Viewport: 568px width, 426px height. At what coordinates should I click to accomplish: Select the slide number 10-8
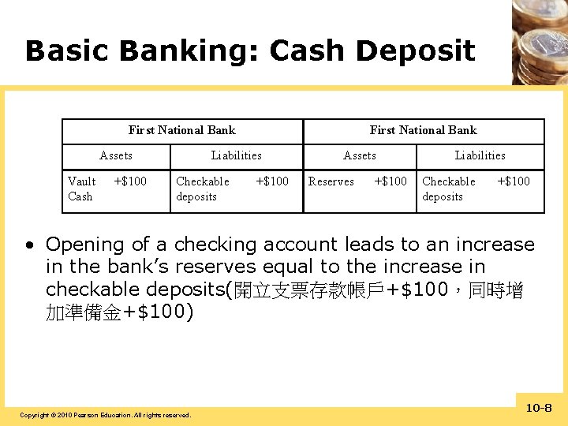(x=539, y=408)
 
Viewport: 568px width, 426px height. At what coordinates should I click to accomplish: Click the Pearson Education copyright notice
(x=105, y=415)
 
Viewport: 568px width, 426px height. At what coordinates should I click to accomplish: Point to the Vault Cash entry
(x=81, y=189)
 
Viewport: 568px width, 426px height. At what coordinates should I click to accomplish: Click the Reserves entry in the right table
(x=331, y=181)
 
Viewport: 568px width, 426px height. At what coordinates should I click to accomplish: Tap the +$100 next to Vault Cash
(x=130, y=181)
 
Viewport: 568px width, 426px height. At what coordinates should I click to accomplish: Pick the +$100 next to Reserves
(x=390, y=181)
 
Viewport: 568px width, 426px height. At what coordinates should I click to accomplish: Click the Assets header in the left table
(x=116, y=155)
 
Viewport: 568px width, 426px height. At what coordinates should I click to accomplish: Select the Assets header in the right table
(x=360, y=155)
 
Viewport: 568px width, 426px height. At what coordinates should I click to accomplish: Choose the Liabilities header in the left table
(x=236, y=155)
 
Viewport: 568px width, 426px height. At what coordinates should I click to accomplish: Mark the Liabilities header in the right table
(x=480, y=155)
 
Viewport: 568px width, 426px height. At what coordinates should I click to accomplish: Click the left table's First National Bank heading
(x=181, y=130)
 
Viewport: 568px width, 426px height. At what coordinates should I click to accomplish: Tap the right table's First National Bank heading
(x=423, y=130)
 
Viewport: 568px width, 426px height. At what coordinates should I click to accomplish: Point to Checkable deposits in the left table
(x=203, y=189)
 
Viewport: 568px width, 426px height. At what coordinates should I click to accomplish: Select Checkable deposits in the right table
(x=449, y=189)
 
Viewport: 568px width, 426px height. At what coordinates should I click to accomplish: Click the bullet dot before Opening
(x=28, y=245)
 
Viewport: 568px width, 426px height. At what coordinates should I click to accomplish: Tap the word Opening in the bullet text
(x=86, y=245)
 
